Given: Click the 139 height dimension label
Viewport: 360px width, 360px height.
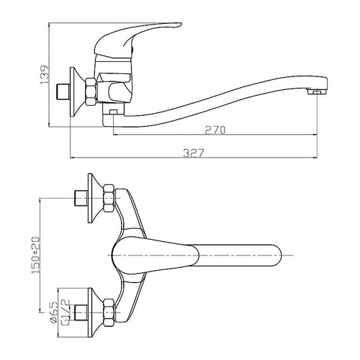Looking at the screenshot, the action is [45, 75].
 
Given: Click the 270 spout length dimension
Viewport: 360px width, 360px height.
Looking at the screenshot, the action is [215, 130].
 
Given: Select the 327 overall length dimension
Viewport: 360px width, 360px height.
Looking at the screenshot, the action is [194, 153].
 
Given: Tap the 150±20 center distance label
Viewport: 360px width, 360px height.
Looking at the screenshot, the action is [35, 255].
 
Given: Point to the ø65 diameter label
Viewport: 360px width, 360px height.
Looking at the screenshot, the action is [55, 312].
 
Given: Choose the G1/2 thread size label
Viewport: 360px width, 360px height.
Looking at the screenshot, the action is [66, 312].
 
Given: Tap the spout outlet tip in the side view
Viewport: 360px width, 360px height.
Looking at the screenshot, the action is [317, 91].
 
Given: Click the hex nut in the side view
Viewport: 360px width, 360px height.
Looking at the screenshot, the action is [91, 91].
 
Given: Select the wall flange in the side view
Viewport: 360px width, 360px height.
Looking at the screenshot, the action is [77, 91].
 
